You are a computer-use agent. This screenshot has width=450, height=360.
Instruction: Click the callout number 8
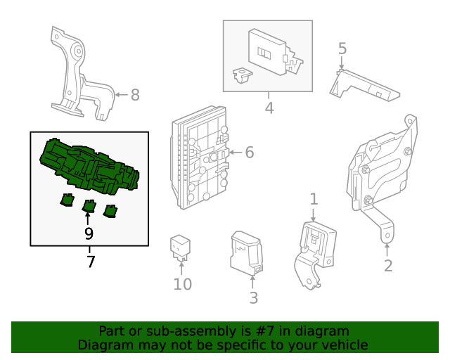pos(135,94)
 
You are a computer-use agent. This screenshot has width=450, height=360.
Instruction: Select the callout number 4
pos(269,108)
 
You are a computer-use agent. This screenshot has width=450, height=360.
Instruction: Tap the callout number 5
pos(342,49)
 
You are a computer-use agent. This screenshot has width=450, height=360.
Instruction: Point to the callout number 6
pos(249,153)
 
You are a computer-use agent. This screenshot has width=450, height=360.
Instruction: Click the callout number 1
pos(314,199)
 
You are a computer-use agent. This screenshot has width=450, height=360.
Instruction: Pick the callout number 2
pos(387,266)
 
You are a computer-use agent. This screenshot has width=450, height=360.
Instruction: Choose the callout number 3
pos(254,297)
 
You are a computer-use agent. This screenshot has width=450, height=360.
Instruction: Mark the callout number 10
pos(182,284)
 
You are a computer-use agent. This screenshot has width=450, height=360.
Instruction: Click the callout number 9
pos(89,233)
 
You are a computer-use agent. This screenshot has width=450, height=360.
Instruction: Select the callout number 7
pos(90,262)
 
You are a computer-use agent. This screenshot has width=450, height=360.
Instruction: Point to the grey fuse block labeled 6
pos(200,156)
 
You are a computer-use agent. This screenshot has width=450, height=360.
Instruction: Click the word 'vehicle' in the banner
pos(344,345)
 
